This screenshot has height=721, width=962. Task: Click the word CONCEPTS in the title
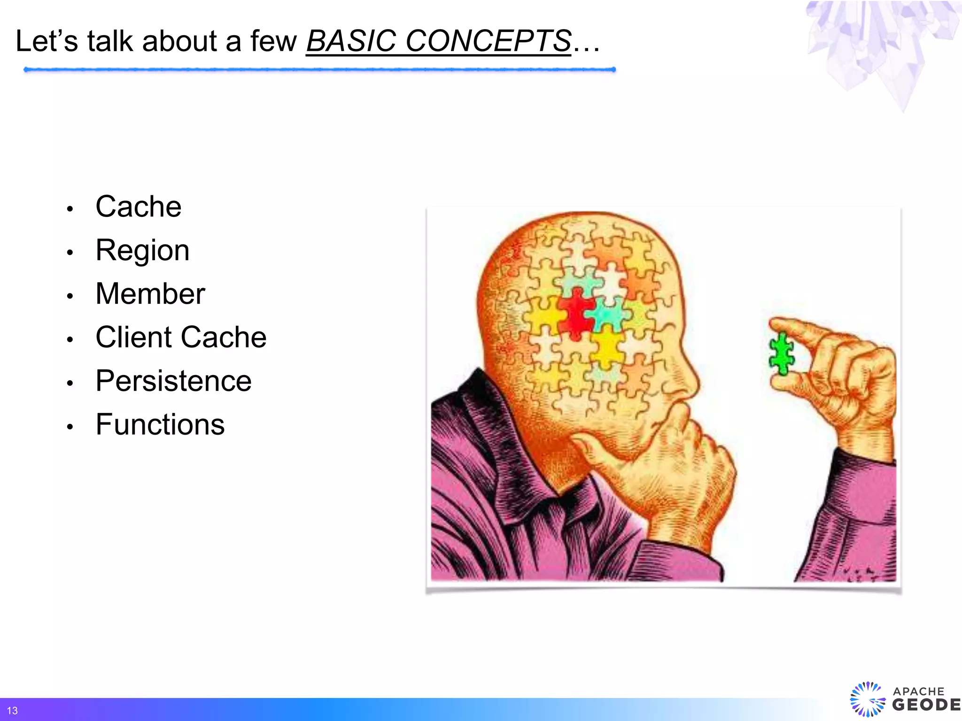tap(488, 41)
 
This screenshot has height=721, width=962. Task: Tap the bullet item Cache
tap(138, 207)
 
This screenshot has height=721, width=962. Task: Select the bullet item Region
tap(142, 250)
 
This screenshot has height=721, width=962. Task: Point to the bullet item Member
tap(150, 294)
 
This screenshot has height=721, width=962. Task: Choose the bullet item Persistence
tap(173, 381)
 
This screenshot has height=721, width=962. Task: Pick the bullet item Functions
tap(160, 424)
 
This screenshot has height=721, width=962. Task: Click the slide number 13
tap(12, 711)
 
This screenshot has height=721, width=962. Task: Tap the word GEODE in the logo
tap(926, 705)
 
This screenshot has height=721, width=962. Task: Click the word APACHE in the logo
tap(918, 691)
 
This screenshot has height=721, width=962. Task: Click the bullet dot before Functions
tap(70, 427)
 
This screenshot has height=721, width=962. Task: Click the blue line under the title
tap(319, 69)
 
